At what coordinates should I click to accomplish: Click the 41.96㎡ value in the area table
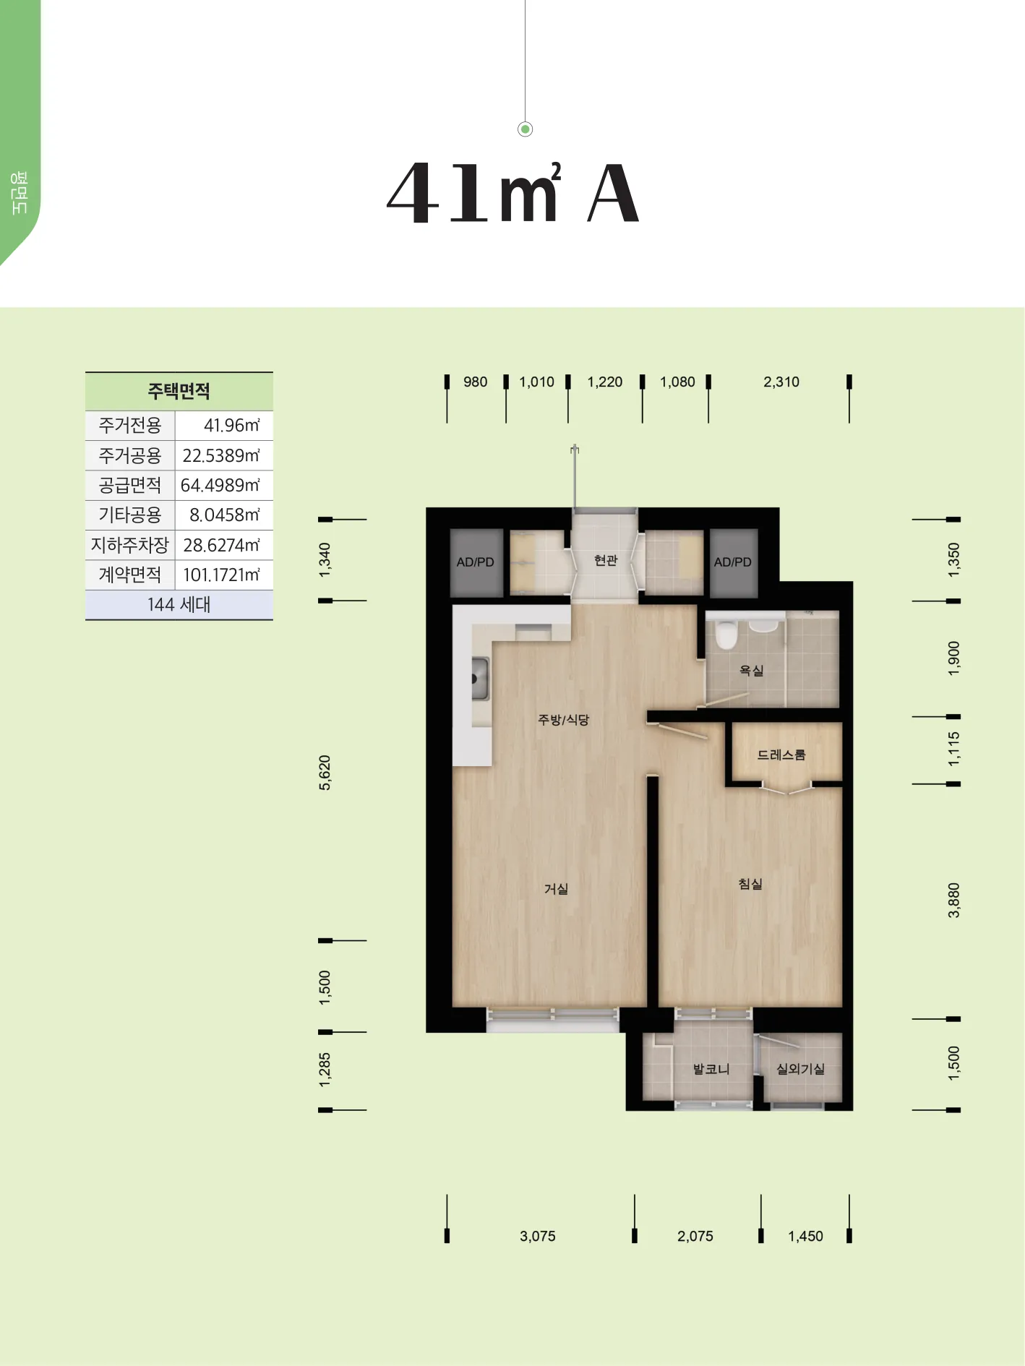click(231, 426)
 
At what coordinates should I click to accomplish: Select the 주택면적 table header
click(179, 392)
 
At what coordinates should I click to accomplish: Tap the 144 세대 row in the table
click(179, 605)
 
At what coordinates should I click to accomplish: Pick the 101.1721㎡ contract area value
click(221, 575)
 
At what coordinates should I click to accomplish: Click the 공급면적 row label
click(130, 485)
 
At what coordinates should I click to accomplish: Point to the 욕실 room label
click(751, 671)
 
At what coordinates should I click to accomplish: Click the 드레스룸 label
click(781, 755)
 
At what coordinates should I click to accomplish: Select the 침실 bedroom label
click(750, 884)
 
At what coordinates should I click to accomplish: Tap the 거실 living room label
click(556, 889)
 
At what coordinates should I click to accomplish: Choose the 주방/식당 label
click(564, 720)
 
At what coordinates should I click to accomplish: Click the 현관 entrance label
click(606, 560)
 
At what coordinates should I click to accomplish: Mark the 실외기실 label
click(800, 1069)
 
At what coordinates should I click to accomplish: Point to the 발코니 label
click(711, 1069)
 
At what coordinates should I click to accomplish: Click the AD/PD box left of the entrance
click(476, 562)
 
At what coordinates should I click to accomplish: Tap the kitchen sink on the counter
click(480, 678)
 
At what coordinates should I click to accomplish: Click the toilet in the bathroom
click(726, 633)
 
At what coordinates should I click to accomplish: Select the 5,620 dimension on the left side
click(325, 773)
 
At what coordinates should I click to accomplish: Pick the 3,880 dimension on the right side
click(954, 901)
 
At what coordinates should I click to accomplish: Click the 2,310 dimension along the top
click(781, 382)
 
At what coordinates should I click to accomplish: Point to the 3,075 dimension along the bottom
click(538, 1237)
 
